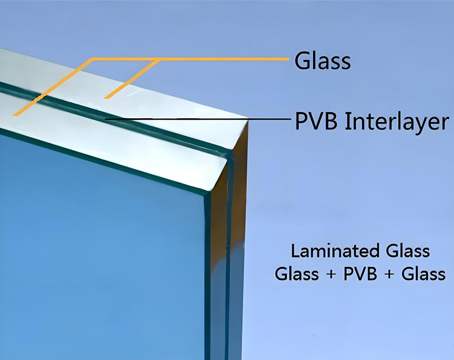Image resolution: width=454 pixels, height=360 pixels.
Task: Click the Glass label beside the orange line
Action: (x=323, y=61)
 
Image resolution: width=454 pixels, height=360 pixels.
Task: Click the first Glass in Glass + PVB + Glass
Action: (x=297, y=274)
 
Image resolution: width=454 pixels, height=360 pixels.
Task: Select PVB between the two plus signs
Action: (x=360, y=274)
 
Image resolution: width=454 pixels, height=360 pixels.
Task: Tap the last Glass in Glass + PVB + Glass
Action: (x=424, y=274)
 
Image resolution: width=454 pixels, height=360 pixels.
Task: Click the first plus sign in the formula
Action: (x=331, y=274)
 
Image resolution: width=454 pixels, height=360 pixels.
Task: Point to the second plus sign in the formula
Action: (x=389, y=274)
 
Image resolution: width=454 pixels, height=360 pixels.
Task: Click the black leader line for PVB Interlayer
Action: (x=198, y=119)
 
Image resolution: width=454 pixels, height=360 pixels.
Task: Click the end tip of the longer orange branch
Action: (x=14, y=115)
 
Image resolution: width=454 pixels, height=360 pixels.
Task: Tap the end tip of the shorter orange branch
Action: (x=105, y=97)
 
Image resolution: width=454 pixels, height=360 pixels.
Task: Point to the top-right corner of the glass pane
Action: (x=248, y=119)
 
